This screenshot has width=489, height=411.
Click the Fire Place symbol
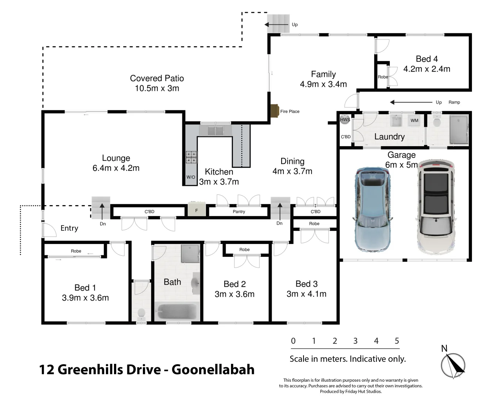click(x=275, y=111)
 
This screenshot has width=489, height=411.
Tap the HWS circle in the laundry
click(x=345, y=119)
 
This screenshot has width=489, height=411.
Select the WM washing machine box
click(x=414, y=120)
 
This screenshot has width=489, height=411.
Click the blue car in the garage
click(x=372, y=210)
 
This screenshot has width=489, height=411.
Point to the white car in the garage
click(x=436, y=207)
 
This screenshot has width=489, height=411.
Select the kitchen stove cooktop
click(x=191, y=157)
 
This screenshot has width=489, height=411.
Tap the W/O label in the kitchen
click(x=191, y=177)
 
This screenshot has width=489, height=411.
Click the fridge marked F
click(x=197, y=210)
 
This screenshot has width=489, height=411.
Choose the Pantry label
click(x=239, y=212)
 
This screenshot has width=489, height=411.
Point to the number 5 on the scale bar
click(x=397, y=341)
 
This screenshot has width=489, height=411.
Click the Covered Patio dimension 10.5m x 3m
click(x=157, y=88)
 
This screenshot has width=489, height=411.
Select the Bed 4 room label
click(x=427, y=59)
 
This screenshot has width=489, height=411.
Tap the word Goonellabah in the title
click(x=213, y=370)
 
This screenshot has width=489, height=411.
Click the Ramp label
click(x=454, y=102)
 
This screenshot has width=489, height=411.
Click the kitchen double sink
click(x=215, y=130)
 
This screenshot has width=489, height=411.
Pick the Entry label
click(x=69, y=228)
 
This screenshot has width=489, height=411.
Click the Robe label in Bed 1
click(x=76, y=251)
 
